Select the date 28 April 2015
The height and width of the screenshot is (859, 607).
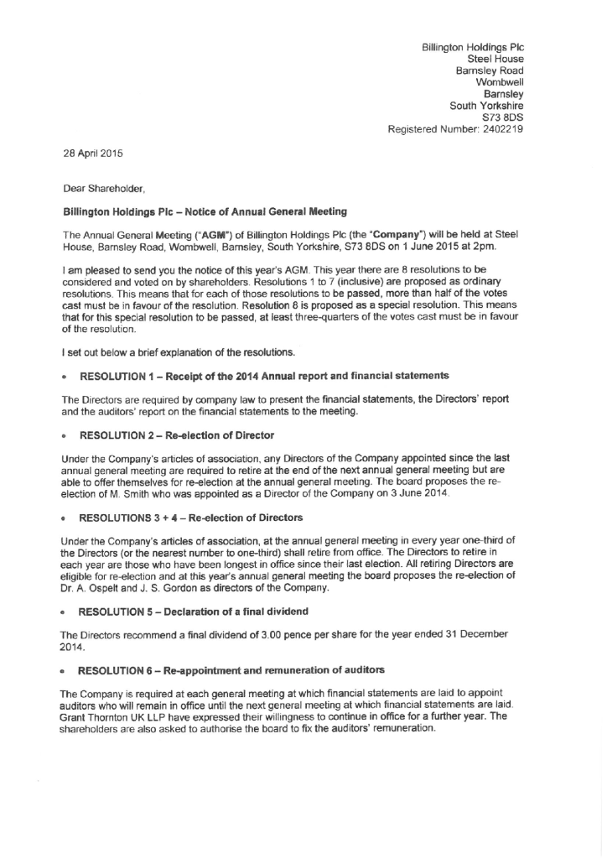click(x=91, y=154)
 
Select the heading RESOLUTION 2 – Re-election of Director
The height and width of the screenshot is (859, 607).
click(x=177, y=435)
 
